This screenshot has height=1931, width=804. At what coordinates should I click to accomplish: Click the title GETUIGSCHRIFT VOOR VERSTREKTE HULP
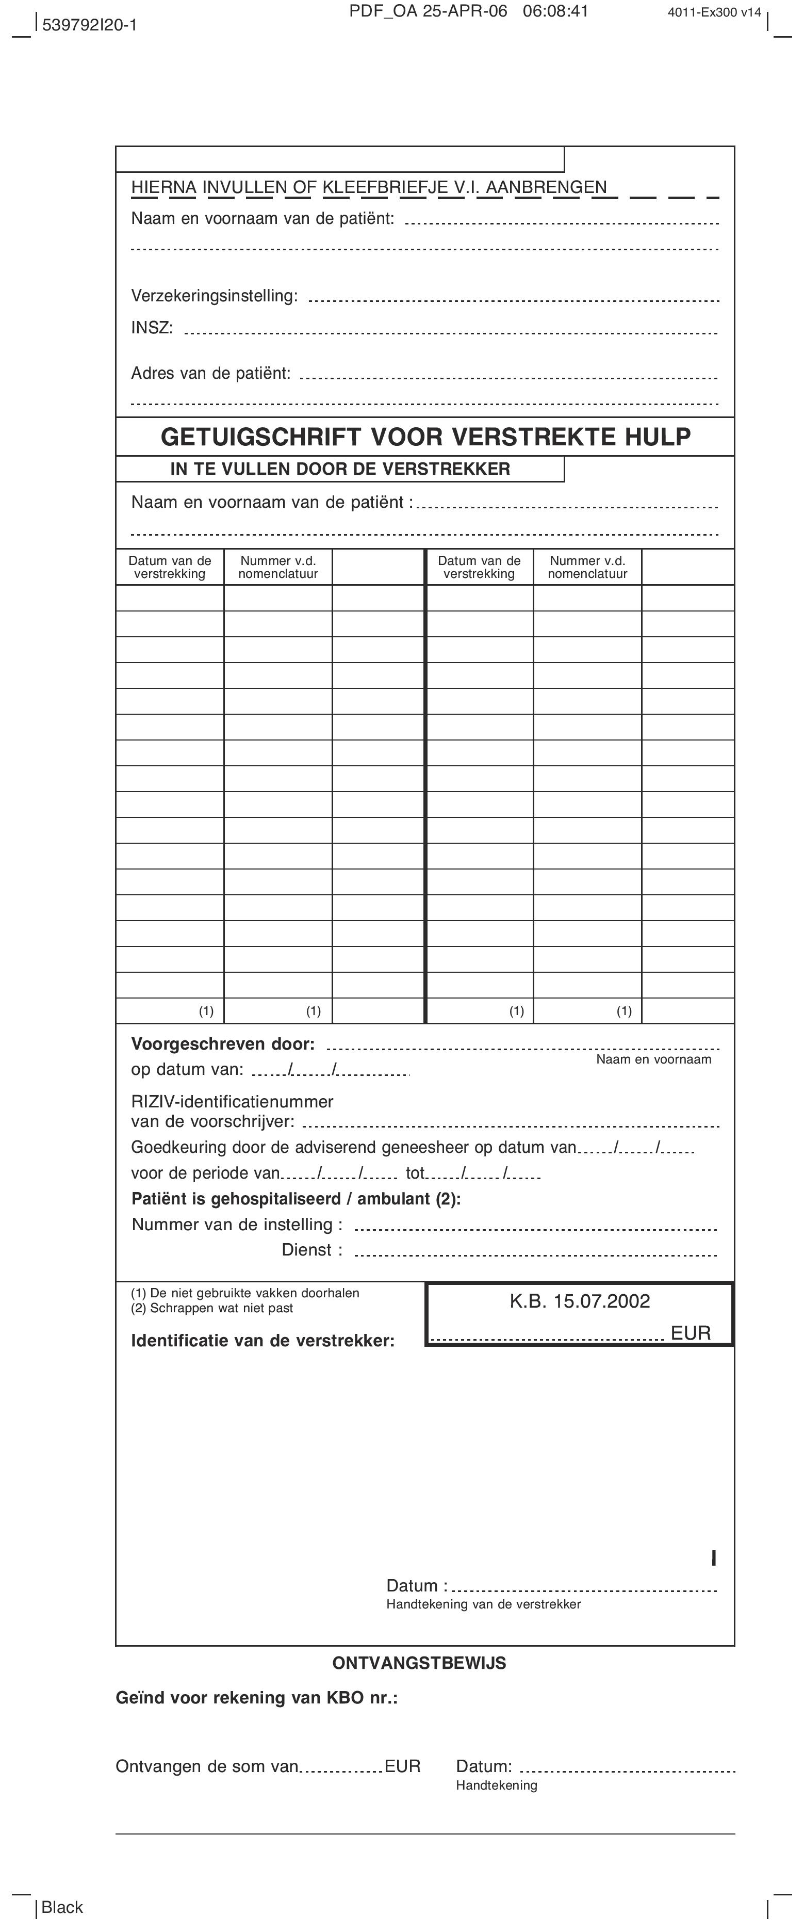tap(425, 436)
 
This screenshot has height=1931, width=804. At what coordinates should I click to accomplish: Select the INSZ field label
tap(152, 328)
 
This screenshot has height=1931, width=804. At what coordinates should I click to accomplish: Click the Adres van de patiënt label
tap(210, 373)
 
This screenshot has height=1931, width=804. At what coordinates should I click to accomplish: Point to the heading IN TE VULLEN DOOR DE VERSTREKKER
tap(340, 469)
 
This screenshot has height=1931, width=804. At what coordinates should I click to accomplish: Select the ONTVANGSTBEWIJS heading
tap(419, 1663)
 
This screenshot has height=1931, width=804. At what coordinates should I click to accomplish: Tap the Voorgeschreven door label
tap(223, 1043)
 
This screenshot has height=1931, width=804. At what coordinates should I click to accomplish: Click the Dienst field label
tap(311, 1250)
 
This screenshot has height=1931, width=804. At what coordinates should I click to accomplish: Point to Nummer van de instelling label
tap(237, 1224)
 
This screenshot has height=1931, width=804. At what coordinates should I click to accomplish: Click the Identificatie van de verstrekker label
tap(262, 1340)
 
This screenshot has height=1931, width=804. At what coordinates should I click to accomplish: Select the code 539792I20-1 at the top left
tap(89, 25)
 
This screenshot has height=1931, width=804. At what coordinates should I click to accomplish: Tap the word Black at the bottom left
tap(62, 1907)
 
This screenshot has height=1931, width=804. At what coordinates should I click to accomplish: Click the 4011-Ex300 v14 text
tap(714, 12)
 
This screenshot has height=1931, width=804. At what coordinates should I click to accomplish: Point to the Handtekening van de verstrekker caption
tap(483, 1604)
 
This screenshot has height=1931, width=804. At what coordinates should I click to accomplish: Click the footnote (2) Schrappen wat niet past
tap(212, 1308)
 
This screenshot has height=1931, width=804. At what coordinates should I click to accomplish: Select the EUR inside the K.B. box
tap(690, 1333)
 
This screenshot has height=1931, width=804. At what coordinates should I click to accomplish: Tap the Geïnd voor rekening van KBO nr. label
tap(256, 1698)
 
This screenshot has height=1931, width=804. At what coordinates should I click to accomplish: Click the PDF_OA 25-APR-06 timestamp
tap(469, 11)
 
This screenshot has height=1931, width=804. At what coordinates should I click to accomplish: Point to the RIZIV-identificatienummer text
tap(232, 1101)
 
